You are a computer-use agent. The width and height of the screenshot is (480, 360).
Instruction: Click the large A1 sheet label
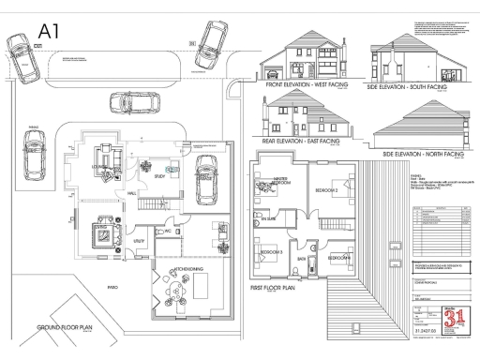[50, 31]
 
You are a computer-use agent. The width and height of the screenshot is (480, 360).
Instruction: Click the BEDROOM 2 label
[325, 188]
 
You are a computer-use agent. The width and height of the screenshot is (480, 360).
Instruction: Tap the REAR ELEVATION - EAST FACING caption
[301, 143]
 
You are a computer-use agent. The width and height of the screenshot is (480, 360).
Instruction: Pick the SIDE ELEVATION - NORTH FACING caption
[418, 153]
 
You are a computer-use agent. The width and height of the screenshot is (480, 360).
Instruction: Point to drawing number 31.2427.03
[427, 332]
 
